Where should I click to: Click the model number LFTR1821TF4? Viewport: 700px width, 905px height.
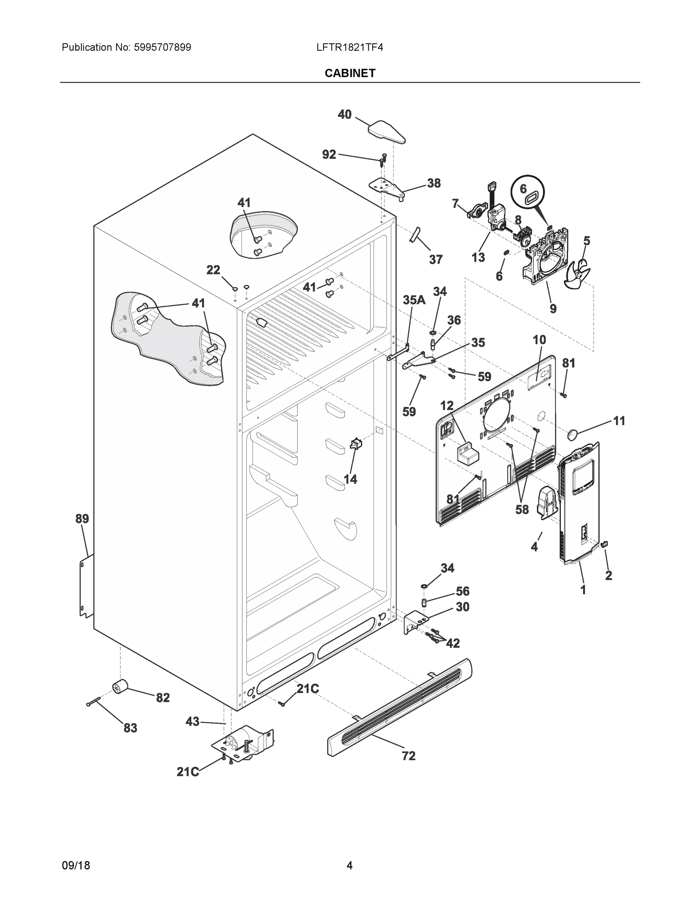349,47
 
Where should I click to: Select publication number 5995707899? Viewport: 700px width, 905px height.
162,47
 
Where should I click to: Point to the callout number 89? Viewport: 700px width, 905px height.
82,518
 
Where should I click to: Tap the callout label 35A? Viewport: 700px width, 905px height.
414,300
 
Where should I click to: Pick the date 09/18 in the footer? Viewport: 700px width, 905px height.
75,866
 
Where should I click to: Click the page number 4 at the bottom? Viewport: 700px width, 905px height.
349,866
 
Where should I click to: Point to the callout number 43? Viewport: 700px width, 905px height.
192,721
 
